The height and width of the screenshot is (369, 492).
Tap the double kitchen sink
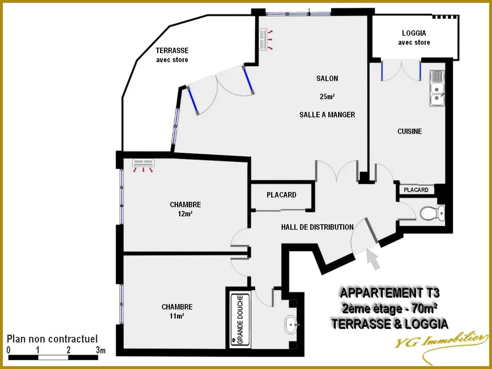[x=437, y=88]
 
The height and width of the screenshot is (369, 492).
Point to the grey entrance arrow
[x=374, y=258]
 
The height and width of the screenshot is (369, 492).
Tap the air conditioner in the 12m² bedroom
[x=144, y=165]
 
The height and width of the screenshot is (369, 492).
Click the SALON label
[x=327, y=78]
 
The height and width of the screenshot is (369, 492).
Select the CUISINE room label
[x=410, y=131]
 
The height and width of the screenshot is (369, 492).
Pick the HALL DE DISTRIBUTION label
[x=317, y=227]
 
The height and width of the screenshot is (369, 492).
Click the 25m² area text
[x=327, y=96]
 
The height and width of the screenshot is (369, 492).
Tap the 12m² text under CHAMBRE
[x=185, y=214]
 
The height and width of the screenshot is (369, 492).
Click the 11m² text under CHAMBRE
[x=177, y=316]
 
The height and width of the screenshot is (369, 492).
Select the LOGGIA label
[x=414, y=33]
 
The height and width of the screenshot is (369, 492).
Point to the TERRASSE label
[x=172, y=50]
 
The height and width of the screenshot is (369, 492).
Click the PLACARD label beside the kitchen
[x=416, y=190]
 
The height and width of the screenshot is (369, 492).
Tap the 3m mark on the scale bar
[x=101, y=349]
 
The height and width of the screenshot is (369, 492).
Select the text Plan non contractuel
[x=52, y=339]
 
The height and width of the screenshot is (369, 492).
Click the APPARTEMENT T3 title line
[x=390, y=293]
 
